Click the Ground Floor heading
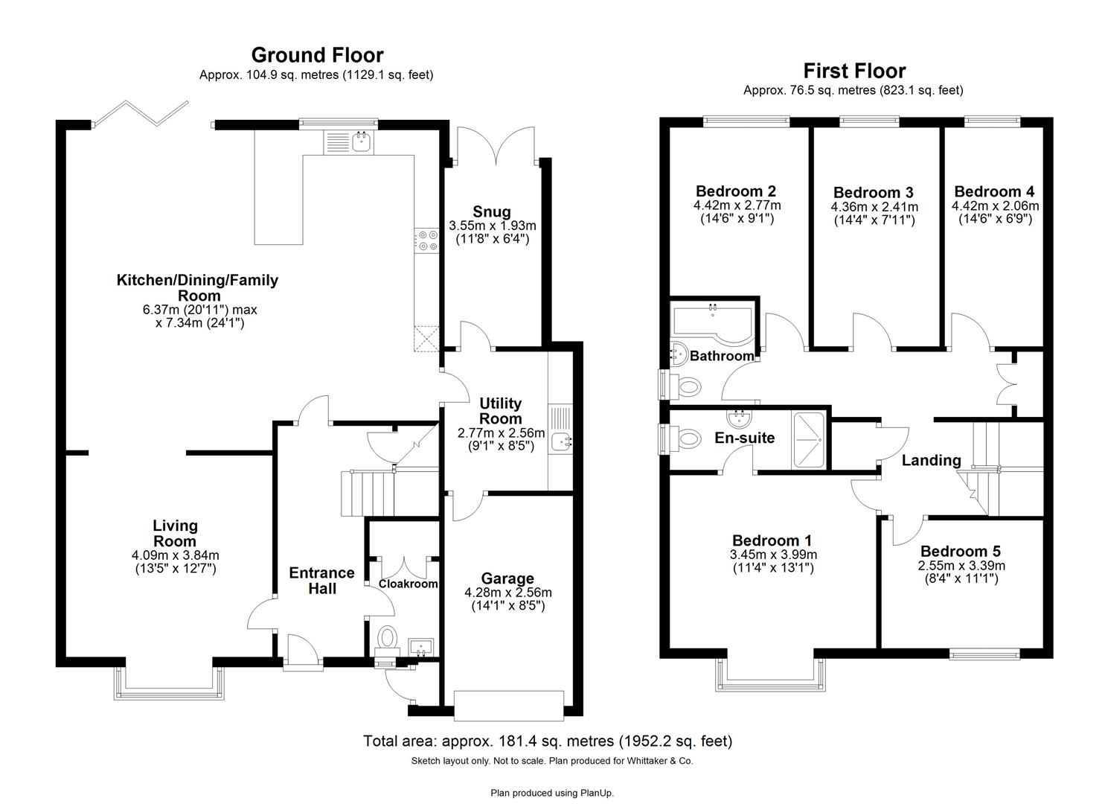(x=317, y=55)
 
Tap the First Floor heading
(x=854, y=71)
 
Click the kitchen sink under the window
(x=362, y=141)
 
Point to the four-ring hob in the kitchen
(x=428, y=240)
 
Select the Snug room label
(x=492, y=211)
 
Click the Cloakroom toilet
(x=387, y=639)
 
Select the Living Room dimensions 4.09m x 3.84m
(x=176, y=555)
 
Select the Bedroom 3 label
(x=874, y=193)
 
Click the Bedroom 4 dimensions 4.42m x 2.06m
(x=995, y=206)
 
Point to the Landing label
(x=931, y=460)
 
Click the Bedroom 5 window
(x=983, y=655)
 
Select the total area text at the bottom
(x=547, y=741)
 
